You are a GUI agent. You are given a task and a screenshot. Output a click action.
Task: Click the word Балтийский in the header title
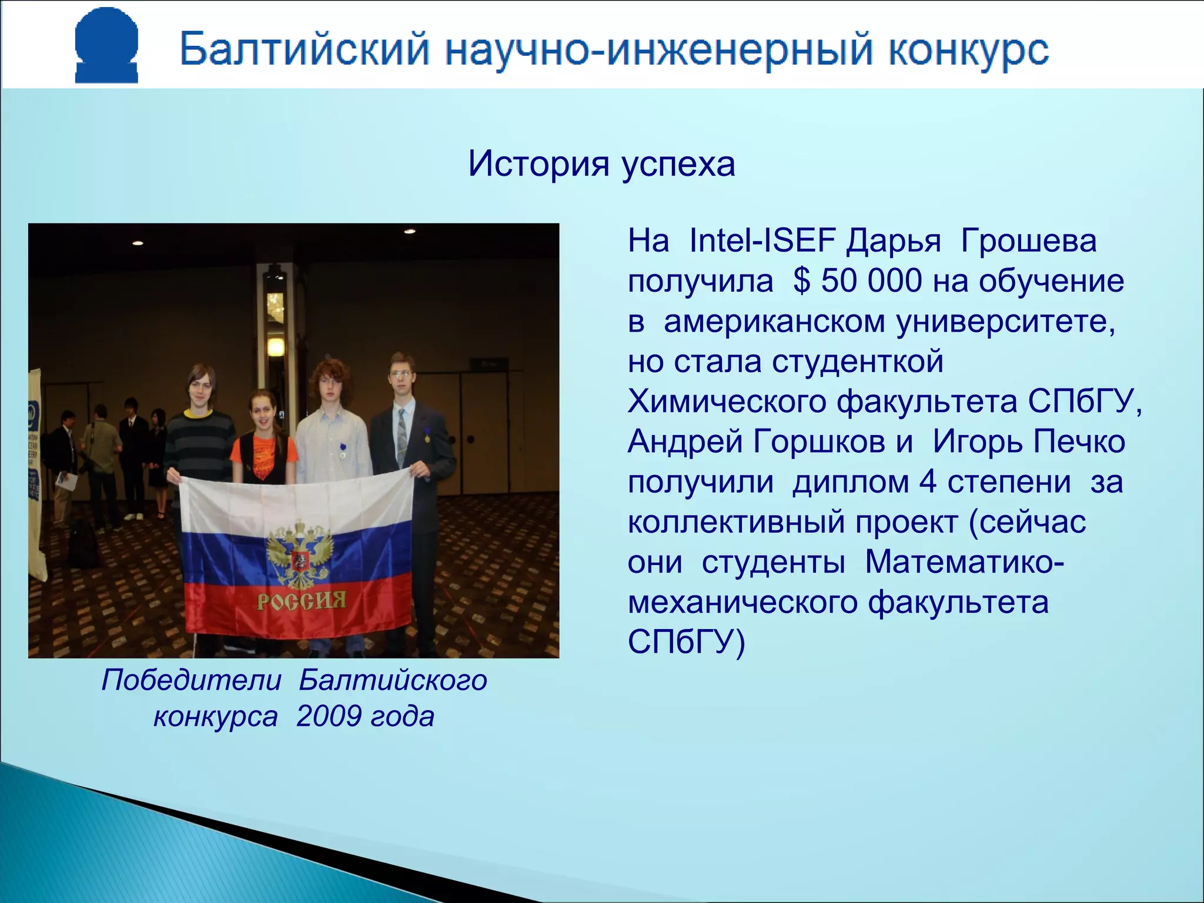click(x=305, y=49)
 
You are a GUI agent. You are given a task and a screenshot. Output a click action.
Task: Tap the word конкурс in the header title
click(x=968, y=49)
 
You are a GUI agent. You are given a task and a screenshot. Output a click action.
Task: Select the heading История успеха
click(x=601, y=163)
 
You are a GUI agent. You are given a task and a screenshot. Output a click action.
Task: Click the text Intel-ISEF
click(x=762, y=240)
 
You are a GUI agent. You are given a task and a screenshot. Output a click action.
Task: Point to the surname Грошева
click(x=1028, y=240)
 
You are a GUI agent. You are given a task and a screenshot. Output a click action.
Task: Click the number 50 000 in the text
click(x=871, y=280)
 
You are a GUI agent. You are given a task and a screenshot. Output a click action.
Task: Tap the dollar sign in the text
click(x=801, y=281)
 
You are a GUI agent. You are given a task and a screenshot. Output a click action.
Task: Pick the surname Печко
click(x=1079, y=442)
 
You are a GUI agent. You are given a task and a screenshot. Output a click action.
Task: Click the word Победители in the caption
click(x=191, y=680)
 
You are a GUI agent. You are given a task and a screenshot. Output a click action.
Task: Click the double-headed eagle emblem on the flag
click(x=299, y=553)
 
